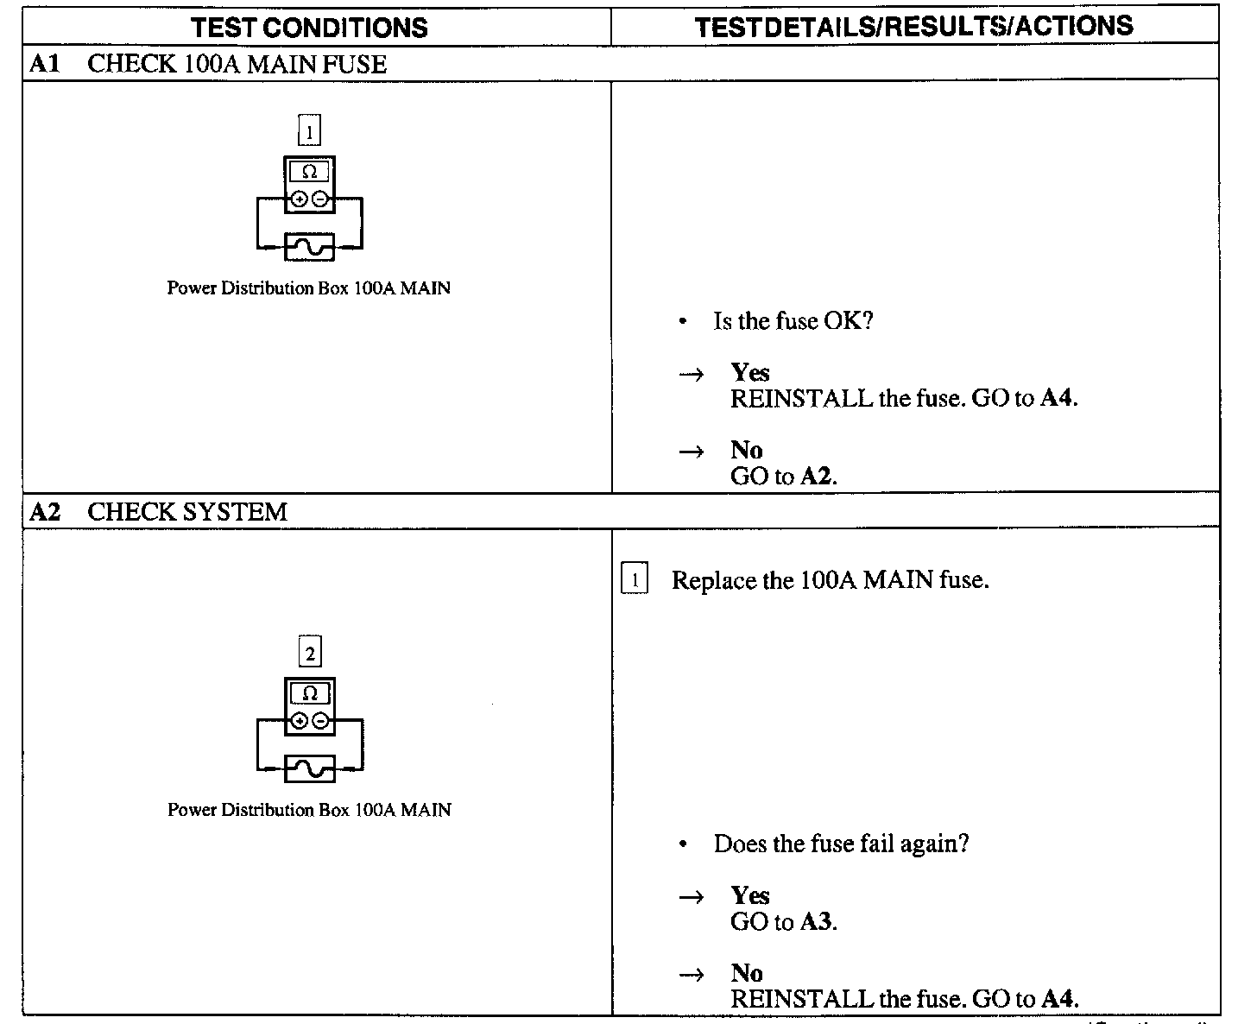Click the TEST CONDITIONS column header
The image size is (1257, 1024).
(310, 28)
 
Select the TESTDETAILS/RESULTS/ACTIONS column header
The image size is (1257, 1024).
(914, 27)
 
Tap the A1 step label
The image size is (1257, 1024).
(44, 64)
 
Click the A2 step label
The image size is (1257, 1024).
(45, 512)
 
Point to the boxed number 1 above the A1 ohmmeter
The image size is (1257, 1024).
(309, 132)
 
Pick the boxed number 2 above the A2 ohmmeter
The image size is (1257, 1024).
(310, 653)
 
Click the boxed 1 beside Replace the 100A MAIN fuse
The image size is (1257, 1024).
(635, 580)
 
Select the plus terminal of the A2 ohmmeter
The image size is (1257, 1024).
(300, 721)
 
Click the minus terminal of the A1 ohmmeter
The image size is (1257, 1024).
(320, 199)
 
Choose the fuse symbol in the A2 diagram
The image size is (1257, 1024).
(310, 768)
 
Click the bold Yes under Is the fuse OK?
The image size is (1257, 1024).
(749, 372)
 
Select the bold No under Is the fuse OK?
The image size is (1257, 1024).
(746, 450)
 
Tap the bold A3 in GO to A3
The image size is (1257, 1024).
(816, 922)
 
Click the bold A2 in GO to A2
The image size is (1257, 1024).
(816, 477)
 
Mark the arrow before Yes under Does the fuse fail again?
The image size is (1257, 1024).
(691, 897)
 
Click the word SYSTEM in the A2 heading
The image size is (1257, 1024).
(236, 512)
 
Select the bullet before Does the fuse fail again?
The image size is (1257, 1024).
(683, 844)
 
